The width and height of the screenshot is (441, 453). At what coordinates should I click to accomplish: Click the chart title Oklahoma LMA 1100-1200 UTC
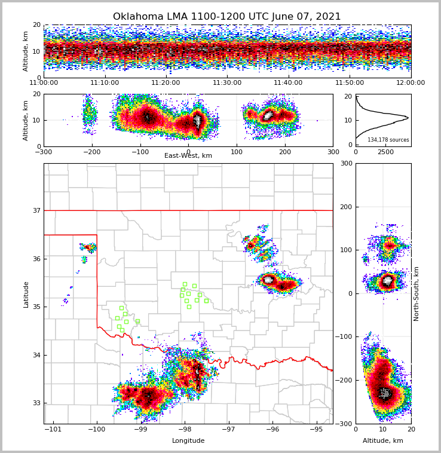click(226, 17)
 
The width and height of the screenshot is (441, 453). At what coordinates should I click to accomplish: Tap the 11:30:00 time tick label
click(227, 83)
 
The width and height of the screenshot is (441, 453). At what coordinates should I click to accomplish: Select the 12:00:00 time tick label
click(411, 83)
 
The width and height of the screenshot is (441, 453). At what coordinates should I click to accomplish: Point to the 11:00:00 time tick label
click(44, 83)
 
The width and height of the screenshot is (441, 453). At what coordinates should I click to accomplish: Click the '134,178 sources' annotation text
click(388, 140)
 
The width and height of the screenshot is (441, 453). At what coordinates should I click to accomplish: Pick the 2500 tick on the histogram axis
click(385, 152)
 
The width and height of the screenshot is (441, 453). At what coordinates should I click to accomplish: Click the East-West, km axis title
click(188, 156)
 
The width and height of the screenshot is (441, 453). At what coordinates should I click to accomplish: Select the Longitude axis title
click(188, 441)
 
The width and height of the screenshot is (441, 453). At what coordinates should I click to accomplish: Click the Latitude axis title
click(26, 294)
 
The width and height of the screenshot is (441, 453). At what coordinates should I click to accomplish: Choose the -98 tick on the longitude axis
click(184, 430)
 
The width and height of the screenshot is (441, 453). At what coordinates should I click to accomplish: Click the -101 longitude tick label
click(53, 430)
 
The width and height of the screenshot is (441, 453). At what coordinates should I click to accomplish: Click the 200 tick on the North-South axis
click(345, 207)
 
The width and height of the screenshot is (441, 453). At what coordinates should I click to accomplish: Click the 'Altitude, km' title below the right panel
click(383, 441)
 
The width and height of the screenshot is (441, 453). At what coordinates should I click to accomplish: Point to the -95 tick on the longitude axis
click(316, 430)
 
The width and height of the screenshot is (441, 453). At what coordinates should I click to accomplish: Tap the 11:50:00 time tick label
click(350, 83)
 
